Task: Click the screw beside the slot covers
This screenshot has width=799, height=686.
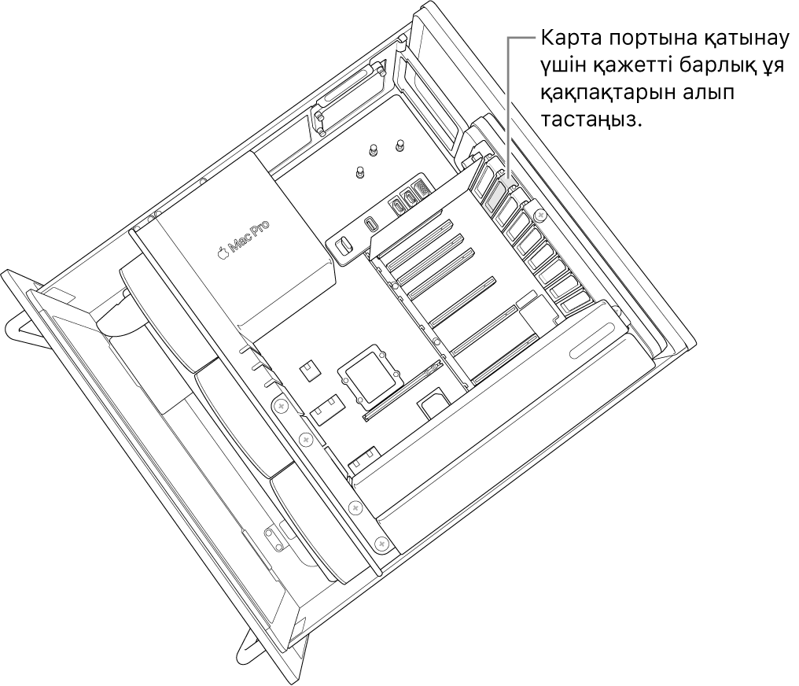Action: tap(539, 214)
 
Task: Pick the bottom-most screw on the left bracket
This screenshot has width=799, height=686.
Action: tap(381, 543)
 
